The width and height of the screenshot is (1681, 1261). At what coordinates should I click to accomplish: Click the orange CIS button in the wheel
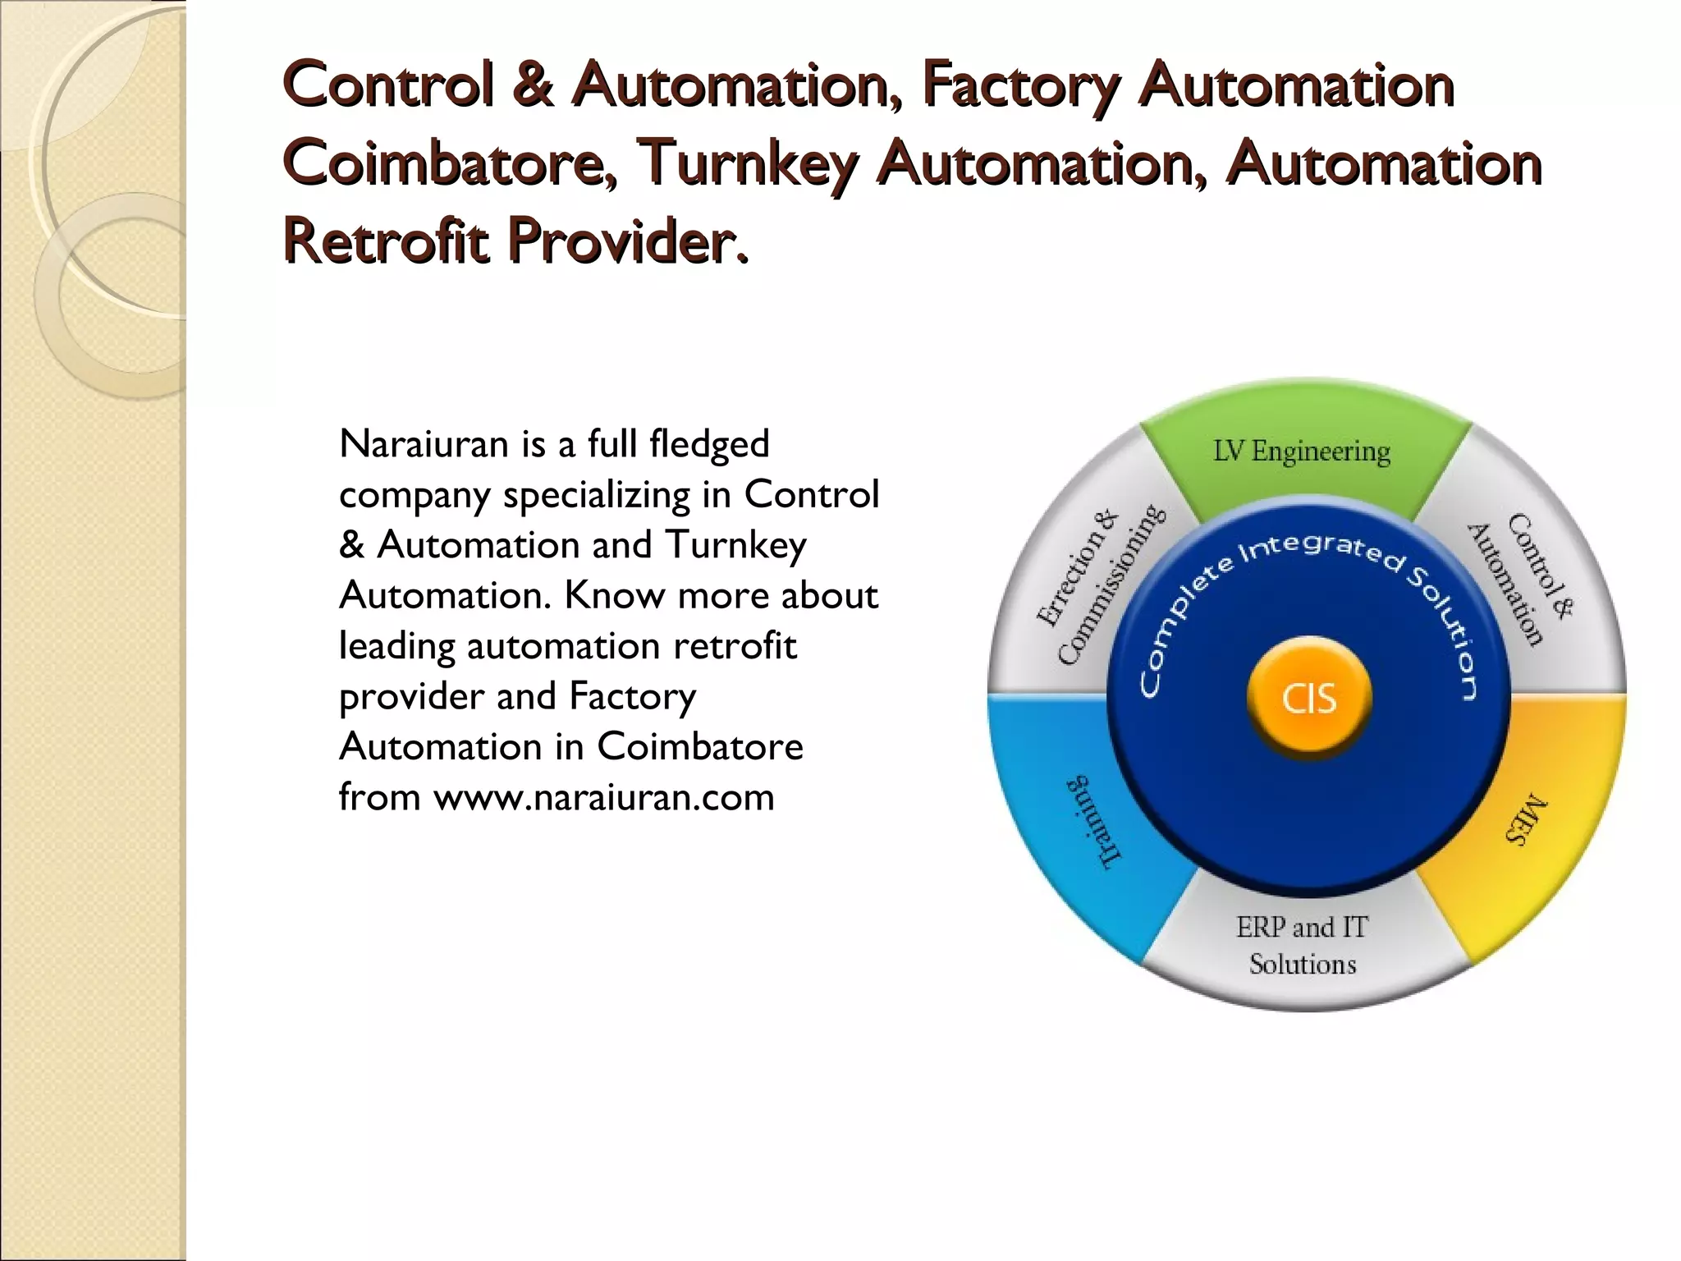click(x=1309, y=699)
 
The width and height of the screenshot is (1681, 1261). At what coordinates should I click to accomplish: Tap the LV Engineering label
click(x=1302, y=451)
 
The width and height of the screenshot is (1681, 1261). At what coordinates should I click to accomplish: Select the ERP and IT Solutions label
click(x=1303, y=945)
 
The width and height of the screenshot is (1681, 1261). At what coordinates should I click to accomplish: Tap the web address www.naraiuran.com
click(x=604, y=797)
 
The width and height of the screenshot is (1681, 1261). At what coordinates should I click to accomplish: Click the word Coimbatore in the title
click(x=451, y=162)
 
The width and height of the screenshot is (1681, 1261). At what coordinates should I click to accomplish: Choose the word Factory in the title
click(x=1020, y=85)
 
